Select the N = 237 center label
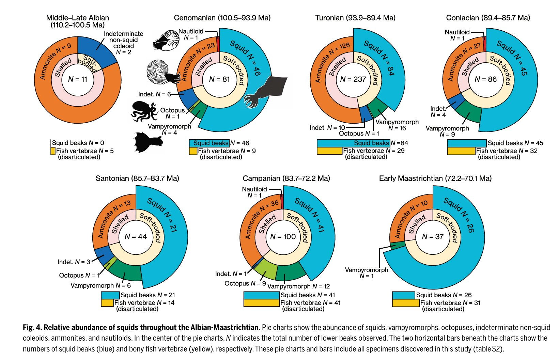[353, 79]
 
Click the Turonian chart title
[355, 18]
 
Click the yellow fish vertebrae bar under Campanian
[261, 303]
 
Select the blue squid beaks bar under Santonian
[110, 295]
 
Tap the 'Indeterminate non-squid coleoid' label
[123, 43]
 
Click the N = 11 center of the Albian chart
[78, 79]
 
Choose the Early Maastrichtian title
[435, 178]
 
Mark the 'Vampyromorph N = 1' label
[366, 273]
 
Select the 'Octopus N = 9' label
[245, 283]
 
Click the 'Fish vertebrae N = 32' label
[507, 151]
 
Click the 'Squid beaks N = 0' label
[78, 143]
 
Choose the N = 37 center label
[433, 236]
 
